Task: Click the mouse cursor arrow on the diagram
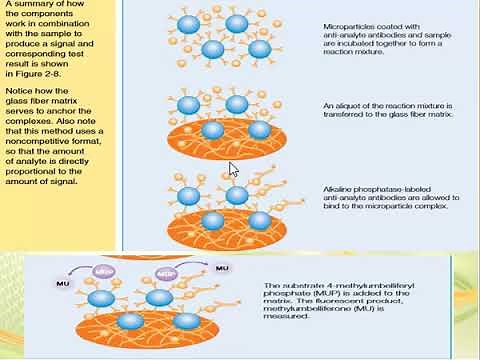[233, 169]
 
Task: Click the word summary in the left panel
[37, 6]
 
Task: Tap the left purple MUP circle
[103, 272]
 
